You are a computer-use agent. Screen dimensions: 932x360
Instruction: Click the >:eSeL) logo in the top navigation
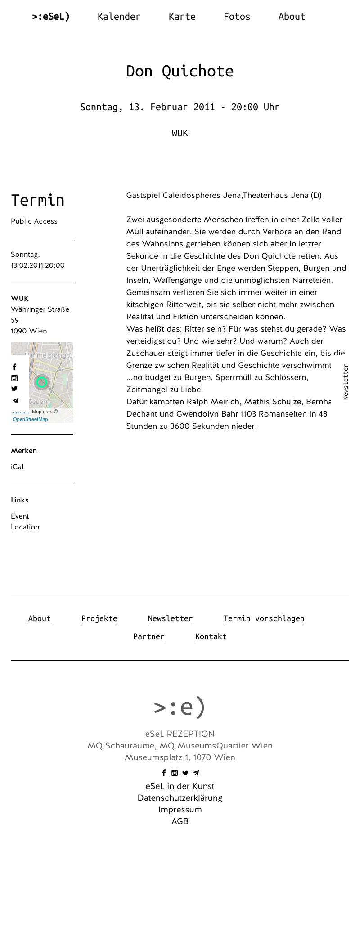pyautogui.click(x=51, y=17)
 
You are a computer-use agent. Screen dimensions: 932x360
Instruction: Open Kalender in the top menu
pyautogui.click(x=119, y=17)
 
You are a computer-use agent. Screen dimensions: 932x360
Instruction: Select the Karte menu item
pyautogui.click(x=182, y=17)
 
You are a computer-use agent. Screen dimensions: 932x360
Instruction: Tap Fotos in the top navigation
pyautogui.click(x=237, y=17)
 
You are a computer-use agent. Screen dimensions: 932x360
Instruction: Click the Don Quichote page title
pyautogui.click(x=180, y=71)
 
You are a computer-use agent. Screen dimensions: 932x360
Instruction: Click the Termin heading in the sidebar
pyautogui.click(x=37, y=200)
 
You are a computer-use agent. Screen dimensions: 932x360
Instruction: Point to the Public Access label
pyautogui.click(x=34, y=221)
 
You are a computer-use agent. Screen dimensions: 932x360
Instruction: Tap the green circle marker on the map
pyautogui.click(x=42, y=382)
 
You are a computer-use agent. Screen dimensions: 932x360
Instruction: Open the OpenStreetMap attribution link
pyautogui.click(x=31, y=419)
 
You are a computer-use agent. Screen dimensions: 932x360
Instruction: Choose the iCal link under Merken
pyautogui.click(x=17, y=467)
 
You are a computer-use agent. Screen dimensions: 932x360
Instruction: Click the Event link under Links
pyautogui.click(x=20, y=516)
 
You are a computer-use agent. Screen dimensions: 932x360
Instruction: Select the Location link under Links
pyautogui.click(x=25, y=527)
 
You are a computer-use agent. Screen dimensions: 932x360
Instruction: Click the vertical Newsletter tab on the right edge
pyautogui.click(x=346, y=382)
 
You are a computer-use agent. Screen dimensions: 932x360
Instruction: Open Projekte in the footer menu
pyautogui.click(x=99, y=618)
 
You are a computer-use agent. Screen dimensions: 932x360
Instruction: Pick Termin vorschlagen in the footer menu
pyautogui.click(x=264, y=618)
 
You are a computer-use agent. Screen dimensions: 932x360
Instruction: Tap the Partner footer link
pyautogui.click(x=148, y=636)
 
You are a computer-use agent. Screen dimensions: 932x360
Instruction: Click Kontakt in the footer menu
pyautogui.click(x=211, y=636)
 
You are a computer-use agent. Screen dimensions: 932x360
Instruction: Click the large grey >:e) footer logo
pyautogui.click(x=180, y=707)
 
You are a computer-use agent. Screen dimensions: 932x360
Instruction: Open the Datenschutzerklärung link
pyautogui.click(x=180, y=798)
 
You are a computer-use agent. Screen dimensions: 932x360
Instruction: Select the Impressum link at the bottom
pyautogui.click(x=180, y=810)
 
